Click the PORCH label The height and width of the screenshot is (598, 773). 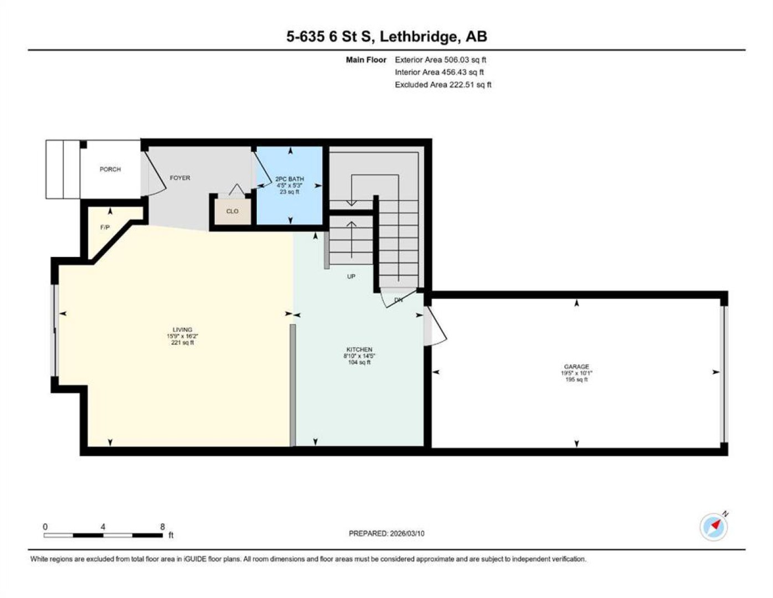click(x=110, y=169)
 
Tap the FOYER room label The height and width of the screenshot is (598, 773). click(x=180, y=178)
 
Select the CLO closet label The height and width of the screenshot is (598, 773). click(x=233, y=212)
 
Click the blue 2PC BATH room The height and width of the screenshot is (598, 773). click(x=290, y=185)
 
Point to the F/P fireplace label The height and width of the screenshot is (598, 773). click(x=105, y=228)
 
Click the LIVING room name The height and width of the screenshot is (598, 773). click(x=183, y=330)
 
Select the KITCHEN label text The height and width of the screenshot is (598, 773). click(x=359, y=350)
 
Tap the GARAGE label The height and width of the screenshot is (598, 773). click(x=576, y=367)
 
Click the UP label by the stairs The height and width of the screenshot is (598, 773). click(x=351, y=276)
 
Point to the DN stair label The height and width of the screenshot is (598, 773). click(x=399, y=300)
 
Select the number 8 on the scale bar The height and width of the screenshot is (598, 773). click(x=163, y=527)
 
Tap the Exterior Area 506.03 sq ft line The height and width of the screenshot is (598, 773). click(x=440, y=60)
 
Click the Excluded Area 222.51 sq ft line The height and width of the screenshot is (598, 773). click(x=443, y=85)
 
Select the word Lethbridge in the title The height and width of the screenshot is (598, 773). click(x=419, y=37)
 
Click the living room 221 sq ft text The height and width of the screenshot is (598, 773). click(x=183, y=343)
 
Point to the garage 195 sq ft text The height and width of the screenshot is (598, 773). click(x=576, y=380)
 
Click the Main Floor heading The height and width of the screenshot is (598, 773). click(x=366, y=60)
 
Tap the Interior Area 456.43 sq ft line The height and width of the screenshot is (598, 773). click(x=439, y=72)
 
